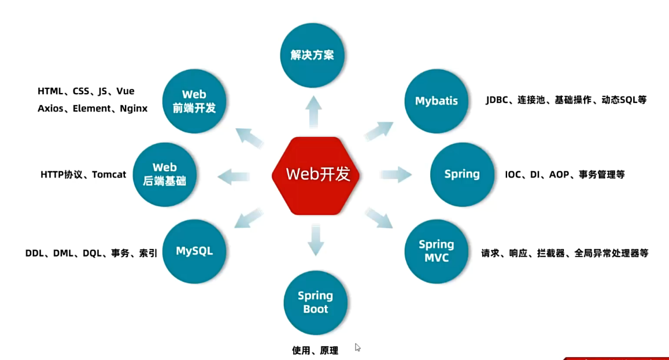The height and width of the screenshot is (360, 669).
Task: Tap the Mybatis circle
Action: (x=436, y=101)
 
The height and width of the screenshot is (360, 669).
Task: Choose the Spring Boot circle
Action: (x=315, y=302)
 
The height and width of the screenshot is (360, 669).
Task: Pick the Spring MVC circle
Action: (x=436, y=251)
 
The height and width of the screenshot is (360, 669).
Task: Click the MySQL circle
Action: (x=194, y=251)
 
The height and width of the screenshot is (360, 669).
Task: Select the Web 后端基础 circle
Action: (x=165, y=174)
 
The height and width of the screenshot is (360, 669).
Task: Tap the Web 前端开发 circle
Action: (x=194, y=101)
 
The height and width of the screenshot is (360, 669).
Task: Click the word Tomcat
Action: (x=109, y=175)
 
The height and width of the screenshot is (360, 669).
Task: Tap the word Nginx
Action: (x=134, y=108)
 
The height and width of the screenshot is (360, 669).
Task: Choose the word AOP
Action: (x=559, y=175)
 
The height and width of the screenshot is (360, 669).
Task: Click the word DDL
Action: (x=35, y=253)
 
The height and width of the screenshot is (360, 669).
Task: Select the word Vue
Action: (x=125, y=91)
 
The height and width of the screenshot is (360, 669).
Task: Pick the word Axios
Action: (x=50, y=108)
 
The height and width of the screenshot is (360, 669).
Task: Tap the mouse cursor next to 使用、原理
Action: (x=358, y=347)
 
